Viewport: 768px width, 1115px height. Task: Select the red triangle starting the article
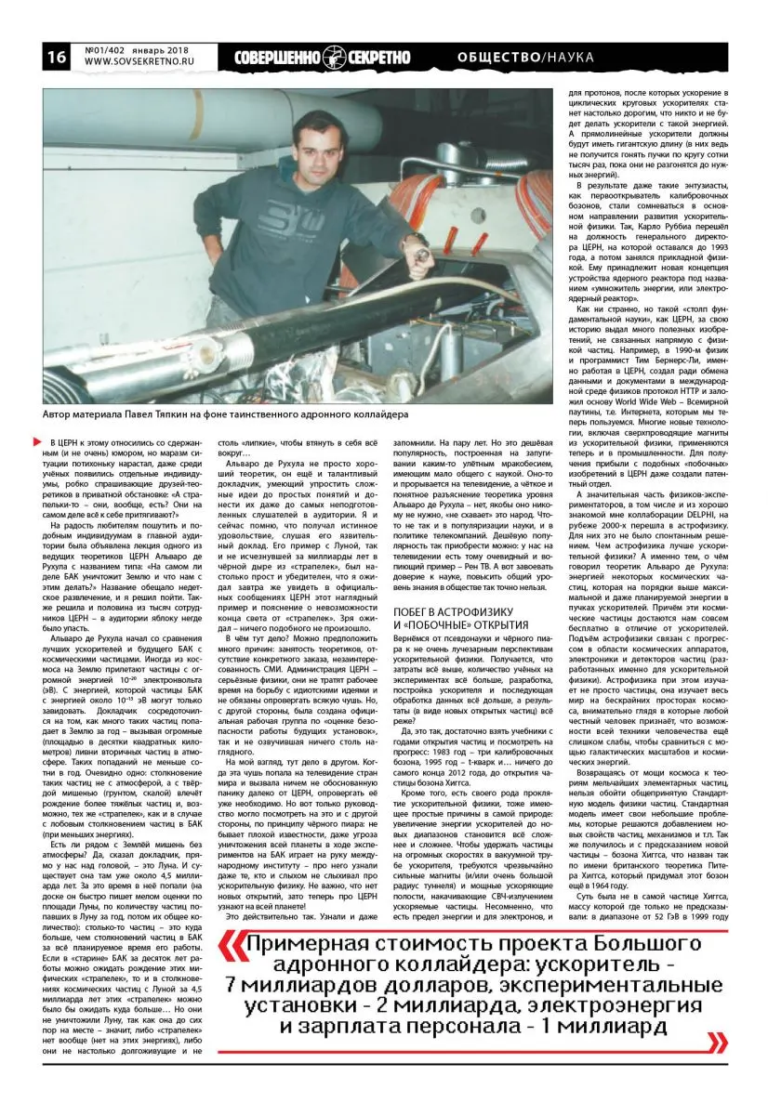coord(37,440)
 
